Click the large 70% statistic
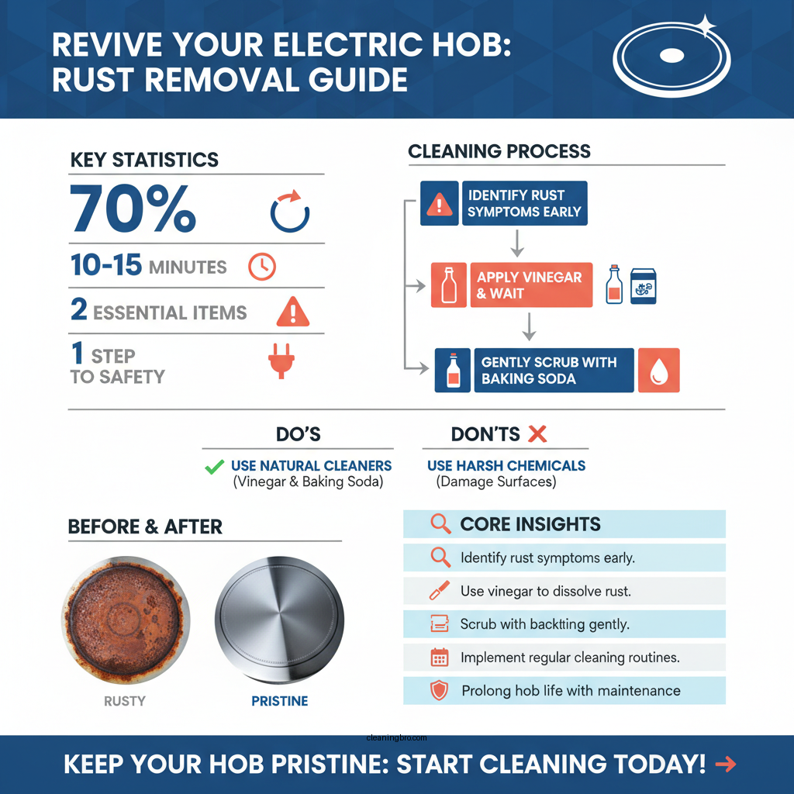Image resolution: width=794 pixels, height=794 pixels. point(133,209)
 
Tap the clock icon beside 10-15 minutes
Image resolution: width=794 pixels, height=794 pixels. point(261,267)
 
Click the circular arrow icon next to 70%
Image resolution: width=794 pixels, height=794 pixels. point(289,211)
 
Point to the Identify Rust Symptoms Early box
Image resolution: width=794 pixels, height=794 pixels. point(525,203)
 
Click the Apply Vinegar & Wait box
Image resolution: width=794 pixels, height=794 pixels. point(531,285)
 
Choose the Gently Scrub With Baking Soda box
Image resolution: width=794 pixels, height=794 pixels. point(553,370)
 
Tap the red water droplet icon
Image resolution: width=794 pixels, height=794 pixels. point(659,370)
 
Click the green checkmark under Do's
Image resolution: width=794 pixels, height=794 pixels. point(213,467)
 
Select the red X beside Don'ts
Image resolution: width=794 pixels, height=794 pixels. point(537,434)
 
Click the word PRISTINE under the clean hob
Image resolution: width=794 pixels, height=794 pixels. point(279,701)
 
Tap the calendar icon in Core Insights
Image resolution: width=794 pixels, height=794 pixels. point(440,658)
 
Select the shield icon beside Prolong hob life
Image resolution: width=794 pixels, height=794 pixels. point(440,690)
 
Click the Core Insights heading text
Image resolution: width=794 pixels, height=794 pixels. point(530,524)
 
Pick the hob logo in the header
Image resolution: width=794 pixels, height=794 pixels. point(671,57)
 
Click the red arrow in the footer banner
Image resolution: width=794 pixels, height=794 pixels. point(725,765)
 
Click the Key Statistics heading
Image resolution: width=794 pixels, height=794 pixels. point(144,161)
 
